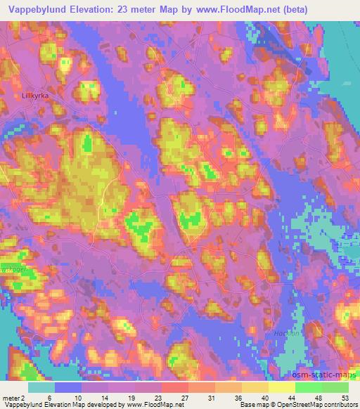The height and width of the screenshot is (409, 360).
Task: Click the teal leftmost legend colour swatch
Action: pos(41,387)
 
